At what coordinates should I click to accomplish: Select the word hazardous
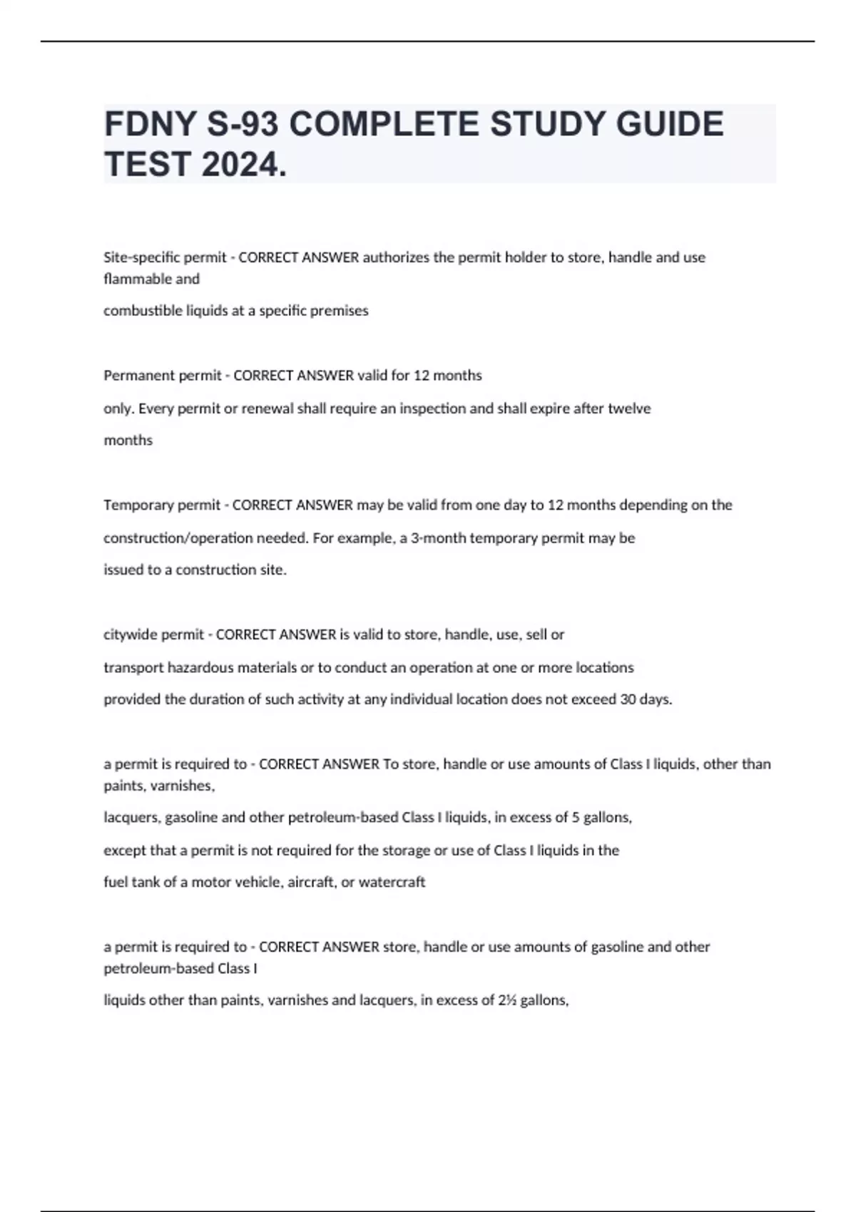pyautogui.click(x=200, y=667)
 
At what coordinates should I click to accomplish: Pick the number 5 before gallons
pyautogui.click(x=575, y=818)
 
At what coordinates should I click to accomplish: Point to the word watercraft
pyautogui.click(x=392, y=883)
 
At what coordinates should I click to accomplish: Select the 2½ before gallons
pyautogui.click(x=507, y=1000)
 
